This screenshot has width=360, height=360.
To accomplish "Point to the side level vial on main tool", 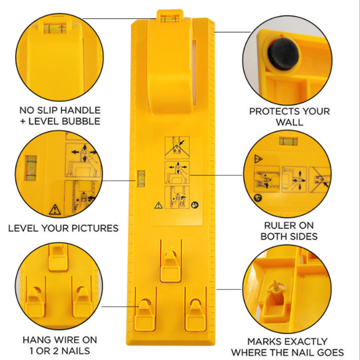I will pyautogui.click(x=141, y=178).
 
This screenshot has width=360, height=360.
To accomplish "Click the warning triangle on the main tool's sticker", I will pyautogui.click(x=158, y=205).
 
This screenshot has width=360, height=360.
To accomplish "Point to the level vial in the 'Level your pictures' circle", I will pyautogui.click(x=31, y=167).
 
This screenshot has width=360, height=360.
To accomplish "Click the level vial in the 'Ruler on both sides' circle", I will pyautogui.click(x=288, y=141).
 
